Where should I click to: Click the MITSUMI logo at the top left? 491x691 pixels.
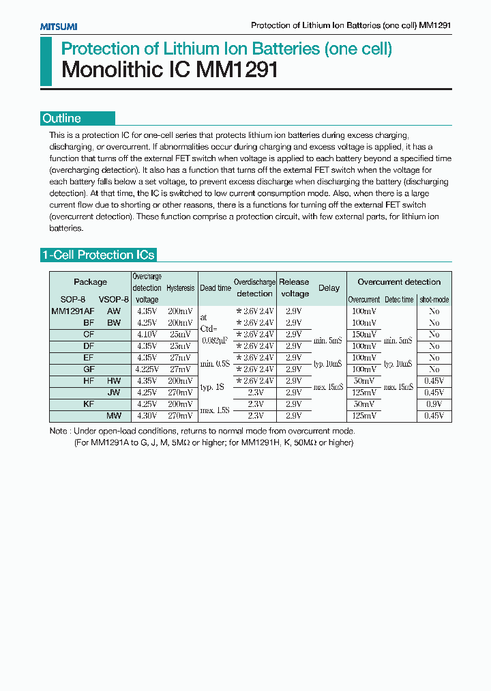[x=58, y=26]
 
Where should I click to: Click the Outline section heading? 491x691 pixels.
[x=62, y=118]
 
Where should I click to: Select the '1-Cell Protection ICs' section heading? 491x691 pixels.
[x=99, y=255]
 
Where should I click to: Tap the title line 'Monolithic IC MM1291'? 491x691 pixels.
[x=170, y=70]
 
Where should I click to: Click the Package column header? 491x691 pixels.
[x=90, y=282]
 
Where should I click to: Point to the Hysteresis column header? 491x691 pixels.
[x=181, y=288]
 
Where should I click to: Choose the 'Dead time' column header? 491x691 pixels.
[x=215, y=288]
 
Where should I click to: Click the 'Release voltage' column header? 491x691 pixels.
[x=294, y=287]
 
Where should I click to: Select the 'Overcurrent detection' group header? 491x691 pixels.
[x=399, y=281]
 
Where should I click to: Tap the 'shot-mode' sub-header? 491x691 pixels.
[x=434, y=300]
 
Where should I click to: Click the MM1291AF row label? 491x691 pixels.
[x=73, y=311]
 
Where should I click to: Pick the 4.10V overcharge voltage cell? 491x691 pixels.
[x=147, y=335]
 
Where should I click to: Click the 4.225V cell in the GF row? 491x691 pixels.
[x=147, y=369]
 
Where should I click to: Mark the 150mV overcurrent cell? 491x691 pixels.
[x=363, y=335]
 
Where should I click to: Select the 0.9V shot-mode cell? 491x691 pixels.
[x=434, y=404]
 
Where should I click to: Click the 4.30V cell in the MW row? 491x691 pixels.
[x=147, y=416]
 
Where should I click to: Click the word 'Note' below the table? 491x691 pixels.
[x=59, y=432]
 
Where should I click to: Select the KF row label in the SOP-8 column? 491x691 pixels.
[x=89, y=404]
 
